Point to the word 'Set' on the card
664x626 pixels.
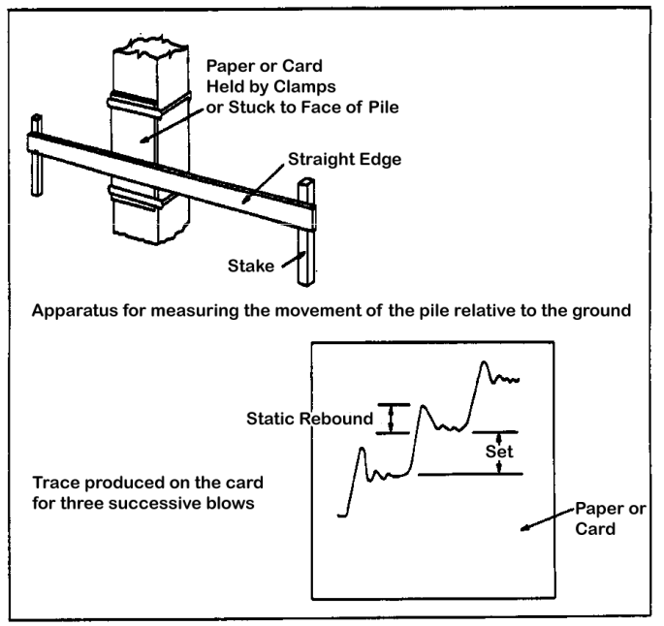[499, 452]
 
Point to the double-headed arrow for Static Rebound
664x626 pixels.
[393, 418]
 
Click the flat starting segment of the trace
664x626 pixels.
[341, 516]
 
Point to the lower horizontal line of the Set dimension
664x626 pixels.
[470, 474]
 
